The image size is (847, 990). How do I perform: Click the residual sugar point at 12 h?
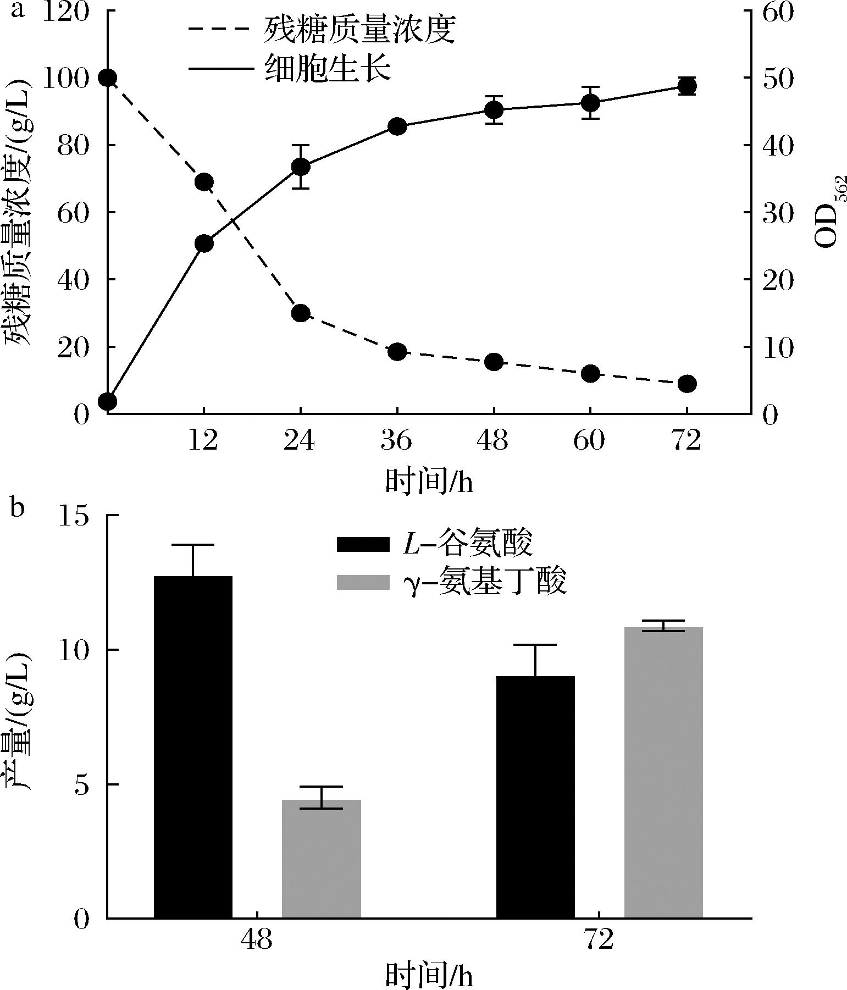pyautogui.click(x=204, y=182)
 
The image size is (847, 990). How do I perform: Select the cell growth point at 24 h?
pyautogui.click(x=301, y=167)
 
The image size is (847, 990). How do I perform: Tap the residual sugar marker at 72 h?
pyautogui.click(x=687, y=383)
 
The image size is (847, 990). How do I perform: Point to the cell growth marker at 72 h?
pyautogui.click(x=687, y=86)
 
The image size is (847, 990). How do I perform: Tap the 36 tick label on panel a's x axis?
pyautogui.click(x=397, y=440)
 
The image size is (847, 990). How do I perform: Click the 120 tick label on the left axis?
pyautogui.click(x=64, y=12)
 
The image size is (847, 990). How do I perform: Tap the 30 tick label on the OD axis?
pyautogui.click(x=778, y=213)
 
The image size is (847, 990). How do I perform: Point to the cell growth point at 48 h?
pyautogui.click(x=494, y=110)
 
